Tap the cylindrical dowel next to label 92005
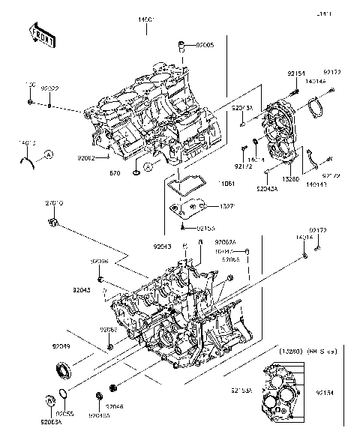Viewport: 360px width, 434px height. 181,49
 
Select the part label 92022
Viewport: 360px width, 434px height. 51,88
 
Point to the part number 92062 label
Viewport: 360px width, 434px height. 85,158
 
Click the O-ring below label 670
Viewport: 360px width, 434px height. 136,175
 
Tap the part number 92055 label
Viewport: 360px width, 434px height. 65,415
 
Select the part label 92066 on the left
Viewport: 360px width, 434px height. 100,262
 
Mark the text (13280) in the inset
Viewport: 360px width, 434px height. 292,351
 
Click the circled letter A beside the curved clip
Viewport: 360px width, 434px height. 47,154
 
